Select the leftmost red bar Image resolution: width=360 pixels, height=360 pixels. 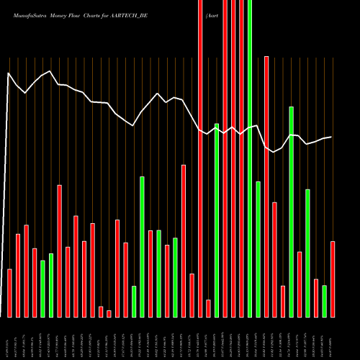click(x=10, y=293)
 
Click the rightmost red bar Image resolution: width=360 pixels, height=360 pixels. click(x=333, y=279)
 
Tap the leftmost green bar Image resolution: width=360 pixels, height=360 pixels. click(x=42, y=288)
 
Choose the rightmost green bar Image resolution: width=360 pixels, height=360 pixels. click(x=325, y=301)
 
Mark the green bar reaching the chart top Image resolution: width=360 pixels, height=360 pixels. click(x=250, y=158)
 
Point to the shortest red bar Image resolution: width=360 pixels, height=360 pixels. click(x=109, y=313)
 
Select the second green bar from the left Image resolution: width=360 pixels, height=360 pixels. click(x=51, y=285)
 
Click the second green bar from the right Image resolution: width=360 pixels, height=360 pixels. click(x=308, y=253)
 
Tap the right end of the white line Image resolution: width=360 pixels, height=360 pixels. click(x=331, y=137)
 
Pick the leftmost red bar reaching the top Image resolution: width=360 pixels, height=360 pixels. click(x=200, y=158)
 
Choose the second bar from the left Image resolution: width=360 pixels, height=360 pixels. click(x=18, y=275)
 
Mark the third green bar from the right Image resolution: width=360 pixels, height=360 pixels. click(x=292, y=212)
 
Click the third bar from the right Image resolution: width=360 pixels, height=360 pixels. click(x=316, y=297)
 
